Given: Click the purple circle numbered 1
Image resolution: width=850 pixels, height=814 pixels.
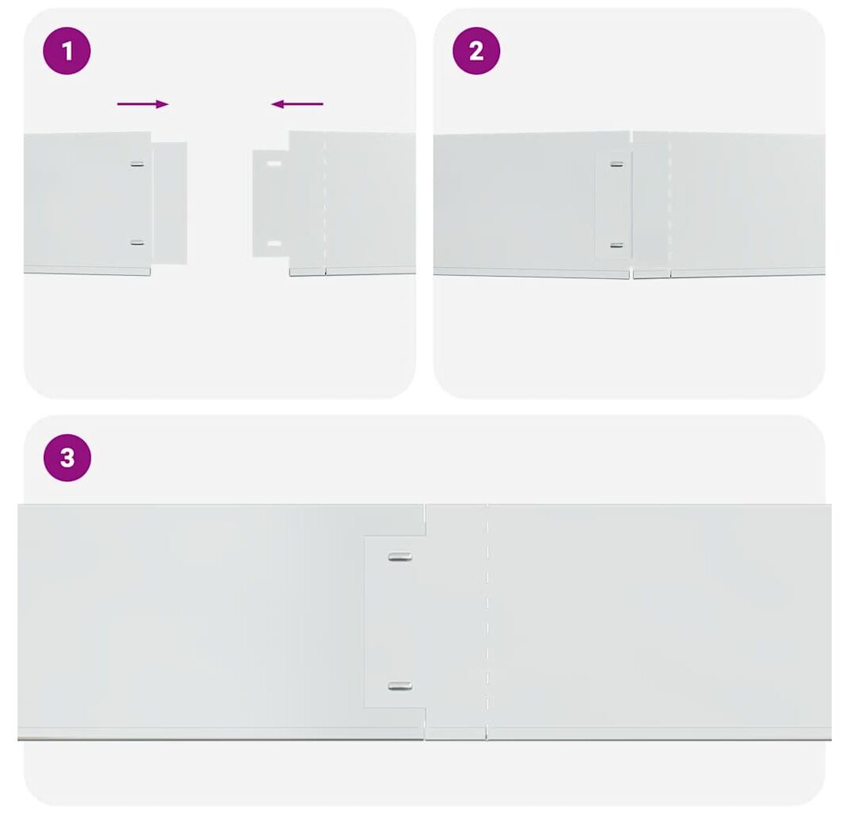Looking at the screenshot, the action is pyautogui.click(x=67, y=51).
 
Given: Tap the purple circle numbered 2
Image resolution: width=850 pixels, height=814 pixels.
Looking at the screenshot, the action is pyautogui.click(x=476, y=51).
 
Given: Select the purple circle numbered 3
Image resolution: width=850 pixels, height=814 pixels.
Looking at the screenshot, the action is pyautogui.click(x=68, y=457).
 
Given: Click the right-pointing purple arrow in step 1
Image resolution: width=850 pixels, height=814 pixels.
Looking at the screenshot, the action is pyautogui.click(x=143, y=104).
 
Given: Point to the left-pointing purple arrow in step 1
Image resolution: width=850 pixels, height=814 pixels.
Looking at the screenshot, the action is pyautogui.click(x=297, y=104).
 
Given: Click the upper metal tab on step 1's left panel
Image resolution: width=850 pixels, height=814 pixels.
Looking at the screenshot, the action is pyautogui.click(x=138, y=164).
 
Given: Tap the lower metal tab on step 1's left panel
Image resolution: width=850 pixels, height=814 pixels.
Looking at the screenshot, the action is pyautogui.click(x=138, y=242).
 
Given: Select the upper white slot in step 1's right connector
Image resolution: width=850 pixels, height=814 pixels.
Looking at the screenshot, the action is pyautogui.click(x=274, y=163).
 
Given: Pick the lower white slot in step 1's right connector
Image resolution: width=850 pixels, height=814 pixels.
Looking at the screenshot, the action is pyautogui.click(x=274, y=244).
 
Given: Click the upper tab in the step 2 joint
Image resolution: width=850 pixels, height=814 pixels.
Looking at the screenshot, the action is pyautogui.click(x=616, y=164).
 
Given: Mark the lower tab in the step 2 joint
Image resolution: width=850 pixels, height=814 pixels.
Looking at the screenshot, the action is pyautogui.click(x=616, y=246).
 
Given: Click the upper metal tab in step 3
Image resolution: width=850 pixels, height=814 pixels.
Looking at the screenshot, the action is pyautogui.click(x=400, y=556).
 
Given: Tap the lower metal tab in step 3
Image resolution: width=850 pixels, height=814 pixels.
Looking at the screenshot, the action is pyautogui.click(x=400, y=686).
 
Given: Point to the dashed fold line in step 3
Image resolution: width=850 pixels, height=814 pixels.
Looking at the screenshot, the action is pyautogui.click(x=487, y=622).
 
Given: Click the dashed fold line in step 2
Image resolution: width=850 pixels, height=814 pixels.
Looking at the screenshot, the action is pyautogui.click(x=670, y=205).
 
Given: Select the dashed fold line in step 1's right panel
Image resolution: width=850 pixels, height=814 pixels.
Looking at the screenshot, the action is pyautogui.click(x=325, y=203).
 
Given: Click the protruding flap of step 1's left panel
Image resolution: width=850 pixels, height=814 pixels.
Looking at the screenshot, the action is pyautogui.click(x=169, y=203).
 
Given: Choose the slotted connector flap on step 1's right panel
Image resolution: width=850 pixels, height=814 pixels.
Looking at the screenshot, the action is pyautogui.click(x=271, y=203).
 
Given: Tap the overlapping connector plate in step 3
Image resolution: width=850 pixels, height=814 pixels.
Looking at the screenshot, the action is pyautogui.click(x=394, y=622).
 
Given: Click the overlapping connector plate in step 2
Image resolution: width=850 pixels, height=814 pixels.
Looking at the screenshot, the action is pyautogui.click(x=614, y=204).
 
